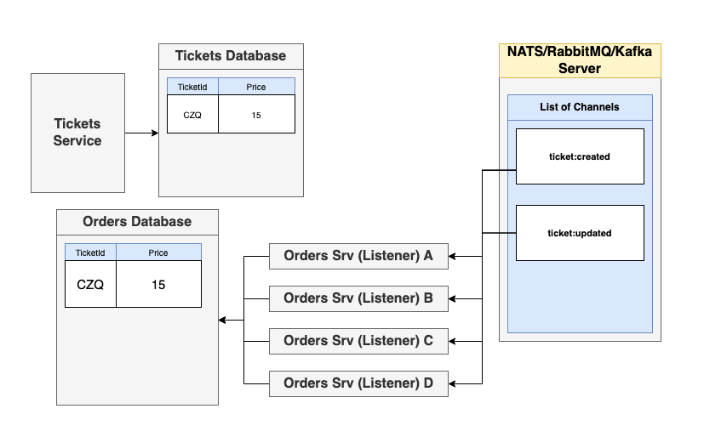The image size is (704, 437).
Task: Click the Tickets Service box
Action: [77, 133]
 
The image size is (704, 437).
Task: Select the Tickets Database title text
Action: [231, 56]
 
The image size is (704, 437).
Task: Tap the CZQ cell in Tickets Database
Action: [192, 115]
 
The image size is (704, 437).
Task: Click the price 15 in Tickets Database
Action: [256, 115]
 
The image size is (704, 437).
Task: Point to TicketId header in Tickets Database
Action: [192, 87]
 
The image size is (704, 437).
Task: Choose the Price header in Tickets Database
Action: [256, 87]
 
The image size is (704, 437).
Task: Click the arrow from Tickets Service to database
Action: [141, 133]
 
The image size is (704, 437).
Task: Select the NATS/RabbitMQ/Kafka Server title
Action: [580, 60]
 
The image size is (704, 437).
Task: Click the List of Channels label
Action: [580, 107]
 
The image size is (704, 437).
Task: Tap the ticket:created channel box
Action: [580, 156]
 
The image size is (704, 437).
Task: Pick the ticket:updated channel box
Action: [580, 233]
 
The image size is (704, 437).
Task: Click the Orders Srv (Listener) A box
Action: [358, 256]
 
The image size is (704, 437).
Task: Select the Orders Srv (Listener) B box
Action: [358, 298]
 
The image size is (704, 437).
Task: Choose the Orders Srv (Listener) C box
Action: [358, 341]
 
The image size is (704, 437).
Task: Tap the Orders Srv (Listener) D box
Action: [358, 383]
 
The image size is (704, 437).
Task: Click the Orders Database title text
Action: [137, 222]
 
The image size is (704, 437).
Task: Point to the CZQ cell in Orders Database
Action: [90, 285]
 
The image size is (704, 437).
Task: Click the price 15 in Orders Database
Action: [158, 285]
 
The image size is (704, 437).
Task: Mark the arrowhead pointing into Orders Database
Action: [223, 320]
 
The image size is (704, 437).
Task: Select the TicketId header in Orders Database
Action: [90, 253]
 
